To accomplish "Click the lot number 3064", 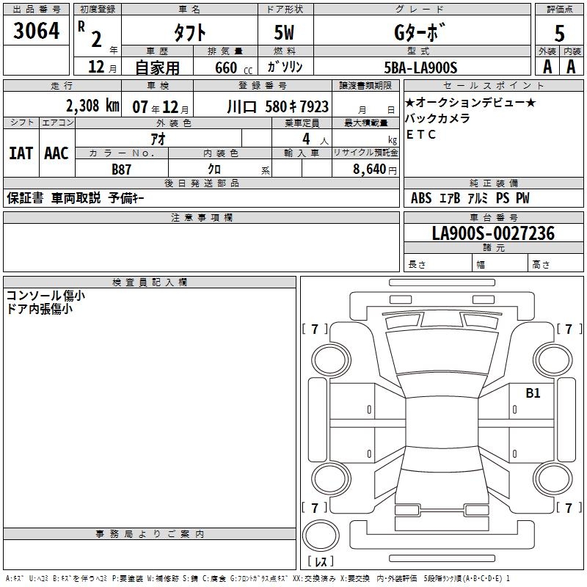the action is point(36,30).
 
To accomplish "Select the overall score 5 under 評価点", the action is point(559,33).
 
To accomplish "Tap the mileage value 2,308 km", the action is point(92,106).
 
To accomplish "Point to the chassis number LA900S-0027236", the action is point(493,233).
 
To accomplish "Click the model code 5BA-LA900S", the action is point(420,68).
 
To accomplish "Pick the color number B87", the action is point(121,169).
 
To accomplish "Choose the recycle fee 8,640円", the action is point(375,169).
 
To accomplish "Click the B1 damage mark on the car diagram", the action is point(533,393).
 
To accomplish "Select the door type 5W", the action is point(284,32).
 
